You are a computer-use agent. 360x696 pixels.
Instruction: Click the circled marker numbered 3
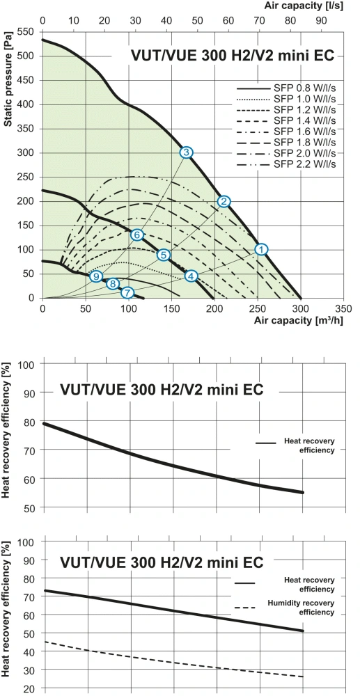pyautogui.click(x=186, y=152)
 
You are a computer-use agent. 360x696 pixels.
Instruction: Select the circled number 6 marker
pyautogui.click(x=137, y=235)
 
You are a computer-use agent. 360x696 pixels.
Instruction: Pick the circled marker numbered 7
pyautogui.click(x=127, y=293)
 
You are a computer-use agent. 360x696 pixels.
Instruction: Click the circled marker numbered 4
pyautogui.click(x=191, y=276)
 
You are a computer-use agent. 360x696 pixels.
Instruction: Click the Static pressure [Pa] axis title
pyautogui.click(x=8, y=83)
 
